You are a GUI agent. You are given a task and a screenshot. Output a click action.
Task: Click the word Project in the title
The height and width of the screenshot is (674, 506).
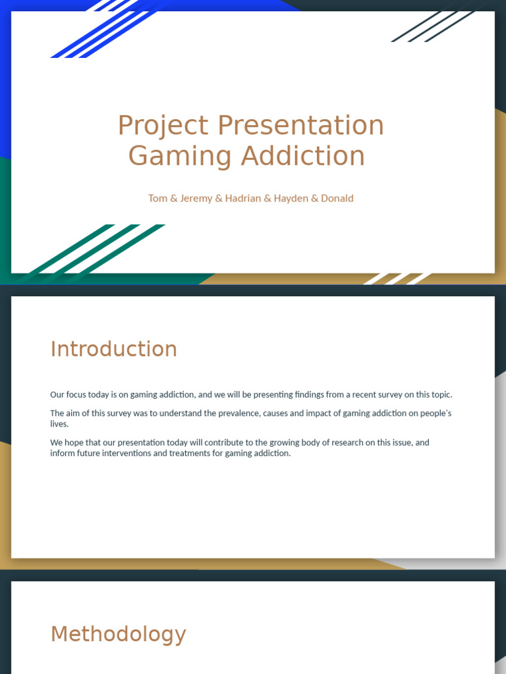coord(163,126)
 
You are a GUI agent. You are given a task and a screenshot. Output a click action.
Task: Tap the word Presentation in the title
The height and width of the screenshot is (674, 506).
coord(301,126)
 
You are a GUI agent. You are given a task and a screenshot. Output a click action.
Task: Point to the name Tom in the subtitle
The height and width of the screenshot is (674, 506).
coord(157,198)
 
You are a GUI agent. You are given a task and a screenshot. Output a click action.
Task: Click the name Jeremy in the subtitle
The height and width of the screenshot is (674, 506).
coord(196,198)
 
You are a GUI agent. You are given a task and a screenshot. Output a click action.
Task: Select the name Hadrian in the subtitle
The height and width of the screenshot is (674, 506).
coord(242,198)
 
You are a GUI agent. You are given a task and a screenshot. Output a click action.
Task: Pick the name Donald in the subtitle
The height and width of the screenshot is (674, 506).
coord(337,198)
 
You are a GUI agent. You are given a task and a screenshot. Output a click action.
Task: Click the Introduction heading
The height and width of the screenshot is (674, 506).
coord(114,349)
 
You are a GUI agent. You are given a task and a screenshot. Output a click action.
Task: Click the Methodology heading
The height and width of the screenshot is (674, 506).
coord(118,634)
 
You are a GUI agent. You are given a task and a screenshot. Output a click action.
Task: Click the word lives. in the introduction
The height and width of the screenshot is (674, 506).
coord(59,424)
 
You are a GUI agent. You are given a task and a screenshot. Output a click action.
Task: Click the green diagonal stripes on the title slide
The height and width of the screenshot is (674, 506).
coord(92,250)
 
